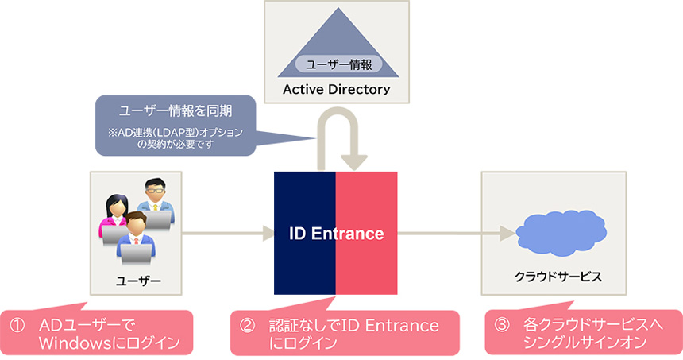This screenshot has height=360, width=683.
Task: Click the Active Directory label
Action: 336,89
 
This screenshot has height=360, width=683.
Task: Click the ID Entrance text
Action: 336,234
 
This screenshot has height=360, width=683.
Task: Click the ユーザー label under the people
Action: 138,281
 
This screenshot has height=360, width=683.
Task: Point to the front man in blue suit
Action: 136,238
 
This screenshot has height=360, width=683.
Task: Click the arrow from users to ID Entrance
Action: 226,234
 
